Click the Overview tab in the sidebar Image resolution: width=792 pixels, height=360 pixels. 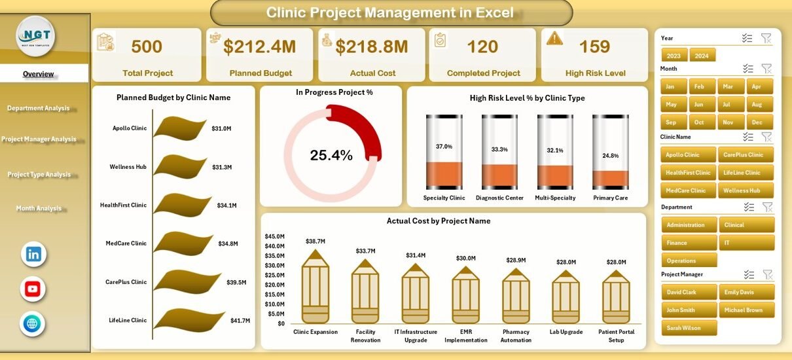(39, 74)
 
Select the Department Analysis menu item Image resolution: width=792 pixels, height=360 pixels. (38, 108)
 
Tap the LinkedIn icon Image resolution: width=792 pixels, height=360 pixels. (33, 254)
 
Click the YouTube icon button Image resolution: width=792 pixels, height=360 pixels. (33, 289)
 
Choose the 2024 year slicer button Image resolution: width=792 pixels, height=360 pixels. (702, 56)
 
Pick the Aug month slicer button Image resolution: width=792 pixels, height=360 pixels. (757, 104)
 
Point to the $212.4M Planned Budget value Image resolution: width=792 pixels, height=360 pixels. (259, 46)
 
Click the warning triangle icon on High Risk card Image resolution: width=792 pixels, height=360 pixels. (554, 38)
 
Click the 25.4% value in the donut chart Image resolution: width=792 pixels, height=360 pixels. (331, 155)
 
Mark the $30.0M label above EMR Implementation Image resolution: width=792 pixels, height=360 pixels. (466, 259)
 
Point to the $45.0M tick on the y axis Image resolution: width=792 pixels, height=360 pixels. (274, 236)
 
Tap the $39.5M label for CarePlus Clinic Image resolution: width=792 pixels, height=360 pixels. (236, 282)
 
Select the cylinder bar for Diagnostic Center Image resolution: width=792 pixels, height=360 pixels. (499, 153)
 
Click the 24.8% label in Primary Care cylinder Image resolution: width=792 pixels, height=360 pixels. (610, 155)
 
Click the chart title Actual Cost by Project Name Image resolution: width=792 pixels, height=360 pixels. (438, 221)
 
